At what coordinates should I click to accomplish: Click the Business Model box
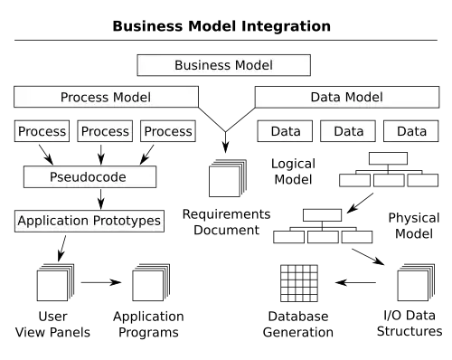(223, 65)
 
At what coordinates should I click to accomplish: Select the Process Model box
(106, 97)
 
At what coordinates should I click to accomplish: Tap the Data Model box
(347, 97)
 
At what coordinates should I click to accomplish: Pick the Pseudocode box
(89, 176)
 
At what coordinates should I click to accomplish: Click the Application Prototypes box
(89, 221)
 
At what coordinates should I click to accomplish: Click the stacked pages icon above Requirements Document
(228, 178)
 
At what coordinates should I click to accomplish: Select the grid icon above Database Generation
(299, 283)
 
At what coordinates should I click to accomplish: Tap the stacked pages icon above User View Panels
(55, 282)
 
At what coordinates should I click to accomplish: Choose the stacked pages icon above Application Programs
(151, 282)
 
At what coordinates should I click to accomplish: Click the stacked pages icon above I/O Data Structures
(416, 282)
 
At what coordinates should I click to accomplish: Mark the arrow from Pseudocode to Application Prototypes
(101, 199)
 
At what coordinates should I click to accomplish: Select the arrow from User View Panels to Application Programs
(101, 282)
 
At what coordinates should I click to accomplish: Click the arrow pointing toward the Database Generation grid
(355, 282)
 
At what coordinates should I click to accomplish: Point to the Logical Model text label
(293, 172)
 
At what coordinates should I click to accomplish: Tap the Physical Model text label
(414, 225)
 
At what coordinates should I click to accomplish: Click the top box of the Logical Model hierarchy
(388, 158)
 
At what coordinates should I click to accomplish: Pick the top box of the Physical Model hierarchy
(322, 215)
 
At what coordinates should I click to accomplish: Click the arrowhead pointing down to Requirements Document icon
(225, 147)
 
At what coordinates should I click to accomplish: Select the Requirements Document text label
(226, 222)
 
